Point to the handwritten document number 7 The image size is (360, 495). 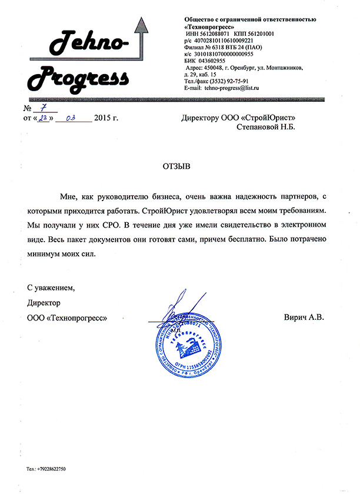(x=42, y=108)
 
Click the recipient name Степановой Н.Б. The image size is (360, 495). (x=265, y=126)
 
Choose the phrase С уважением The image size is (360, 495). (x=51, y=288)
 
